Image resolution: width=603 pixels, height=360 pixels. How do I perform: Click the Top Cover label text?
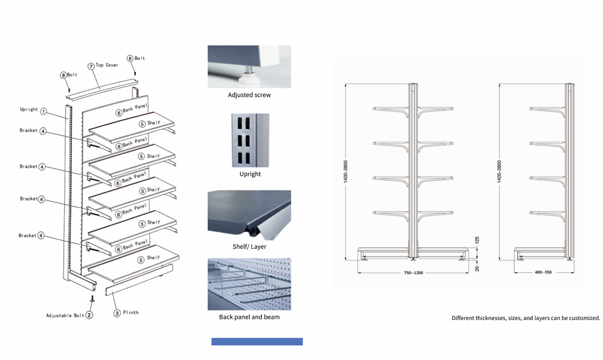(107, 65)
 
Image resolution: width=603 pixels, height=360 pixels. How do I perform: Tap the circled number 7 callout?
(91, 66)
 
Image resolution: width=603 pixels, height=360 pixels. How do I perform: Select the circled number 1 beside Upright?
(44, 111)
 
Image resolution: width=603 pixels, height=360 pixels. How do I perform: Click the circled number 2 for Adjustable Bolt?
(90, 315)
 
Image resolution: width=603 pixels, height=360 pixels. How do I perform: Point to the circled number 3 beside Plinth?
(116, 312)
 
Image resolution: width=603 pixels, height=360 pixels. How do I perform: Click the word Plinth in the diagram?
(130, 312)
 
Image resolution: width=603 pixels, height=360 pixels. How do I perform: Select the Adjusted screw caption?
(249, 95)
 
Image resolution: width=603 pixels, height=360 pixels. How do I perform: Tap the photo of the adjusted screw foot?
(249, 66)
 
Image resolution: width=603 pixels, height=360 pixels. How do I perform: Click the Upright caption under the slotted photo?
(250, 174)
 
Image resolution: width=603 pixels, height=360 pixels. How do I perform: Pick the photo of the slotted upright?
(250, 141)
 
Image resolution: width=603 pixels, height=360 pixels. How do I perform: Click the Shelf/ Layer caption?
(250, 246)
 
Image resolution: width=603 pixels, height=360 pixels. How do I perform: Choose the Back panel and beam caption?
(249, 317)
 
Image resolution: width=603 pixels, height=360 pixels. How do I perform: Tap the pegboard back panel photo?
(249, 284)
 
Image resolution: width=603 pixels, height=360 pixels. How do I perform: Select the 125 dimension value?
(476, 240)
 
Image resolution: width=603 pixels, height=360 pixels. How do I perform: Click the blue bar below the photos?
(257, 342)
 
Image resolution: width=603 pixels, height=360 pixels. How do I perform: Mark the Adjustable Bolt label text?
(65, 315)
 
